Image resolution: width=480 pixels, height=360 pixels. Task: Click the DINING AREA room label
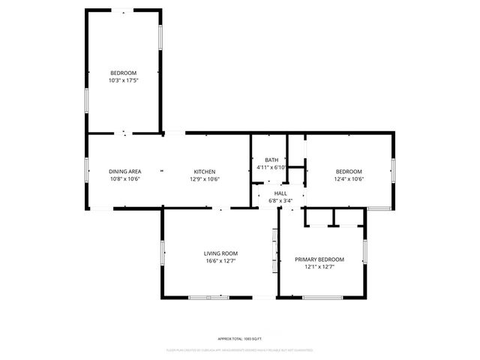[x=124, y=172]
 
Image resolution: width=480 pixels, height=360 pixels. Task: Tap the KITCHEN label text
[x=204, y=172]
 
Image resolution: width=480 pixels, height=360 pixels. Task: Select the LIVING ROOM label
[x=220, y=253]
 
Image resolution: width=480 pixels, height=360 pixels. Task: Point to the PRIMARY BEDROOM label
[x=319, y=259]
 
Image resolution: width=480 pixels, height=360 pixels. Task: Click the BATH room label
[x=271, y=160]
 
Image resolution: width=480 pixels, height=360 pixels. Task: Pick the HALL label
[x=280, y=193]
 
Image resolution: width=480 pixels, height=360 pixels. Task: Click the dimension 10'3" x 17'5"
[x=124, y=80]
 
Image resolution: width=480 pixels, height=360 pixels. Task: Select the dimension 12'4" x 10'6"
[x=349, y=179]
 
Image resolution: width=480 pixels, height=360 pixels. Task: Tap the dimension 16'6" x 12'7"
[x=220, y=261]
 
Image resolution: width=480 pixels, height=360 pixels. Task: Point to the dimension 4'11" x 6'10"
[x=271, y=167]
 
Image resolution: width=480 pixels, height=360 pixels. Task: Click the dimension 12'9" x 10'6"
[x=204, y=179]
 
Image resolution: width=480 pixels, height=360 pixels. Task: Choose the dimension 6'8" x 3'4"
[x=280, y=200]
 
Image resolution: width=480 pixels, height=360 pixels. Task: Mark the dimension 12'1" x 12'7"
[x=319, y=267]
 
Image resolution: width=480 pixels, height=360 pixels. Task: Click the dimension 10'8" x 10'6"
[x=124, y=179]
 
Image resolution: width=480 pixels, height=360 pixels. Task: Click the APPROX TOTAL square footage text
[x=240, y=339]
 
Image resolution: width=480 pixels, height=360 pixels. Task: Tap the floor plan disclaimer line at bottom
[x=240, y=349]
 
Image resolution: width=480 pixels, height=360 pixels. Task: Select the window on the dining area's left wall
[x=87, y=171]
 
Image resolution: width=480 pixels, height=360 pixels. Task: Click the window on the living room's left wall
[x=162, y=253]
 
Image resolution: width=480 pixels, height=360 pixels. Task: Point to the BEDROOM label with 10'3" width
[x=124, y=73]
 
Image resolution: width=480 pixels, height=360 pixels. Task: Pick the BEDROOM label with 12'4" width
[x=349, y=172]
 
